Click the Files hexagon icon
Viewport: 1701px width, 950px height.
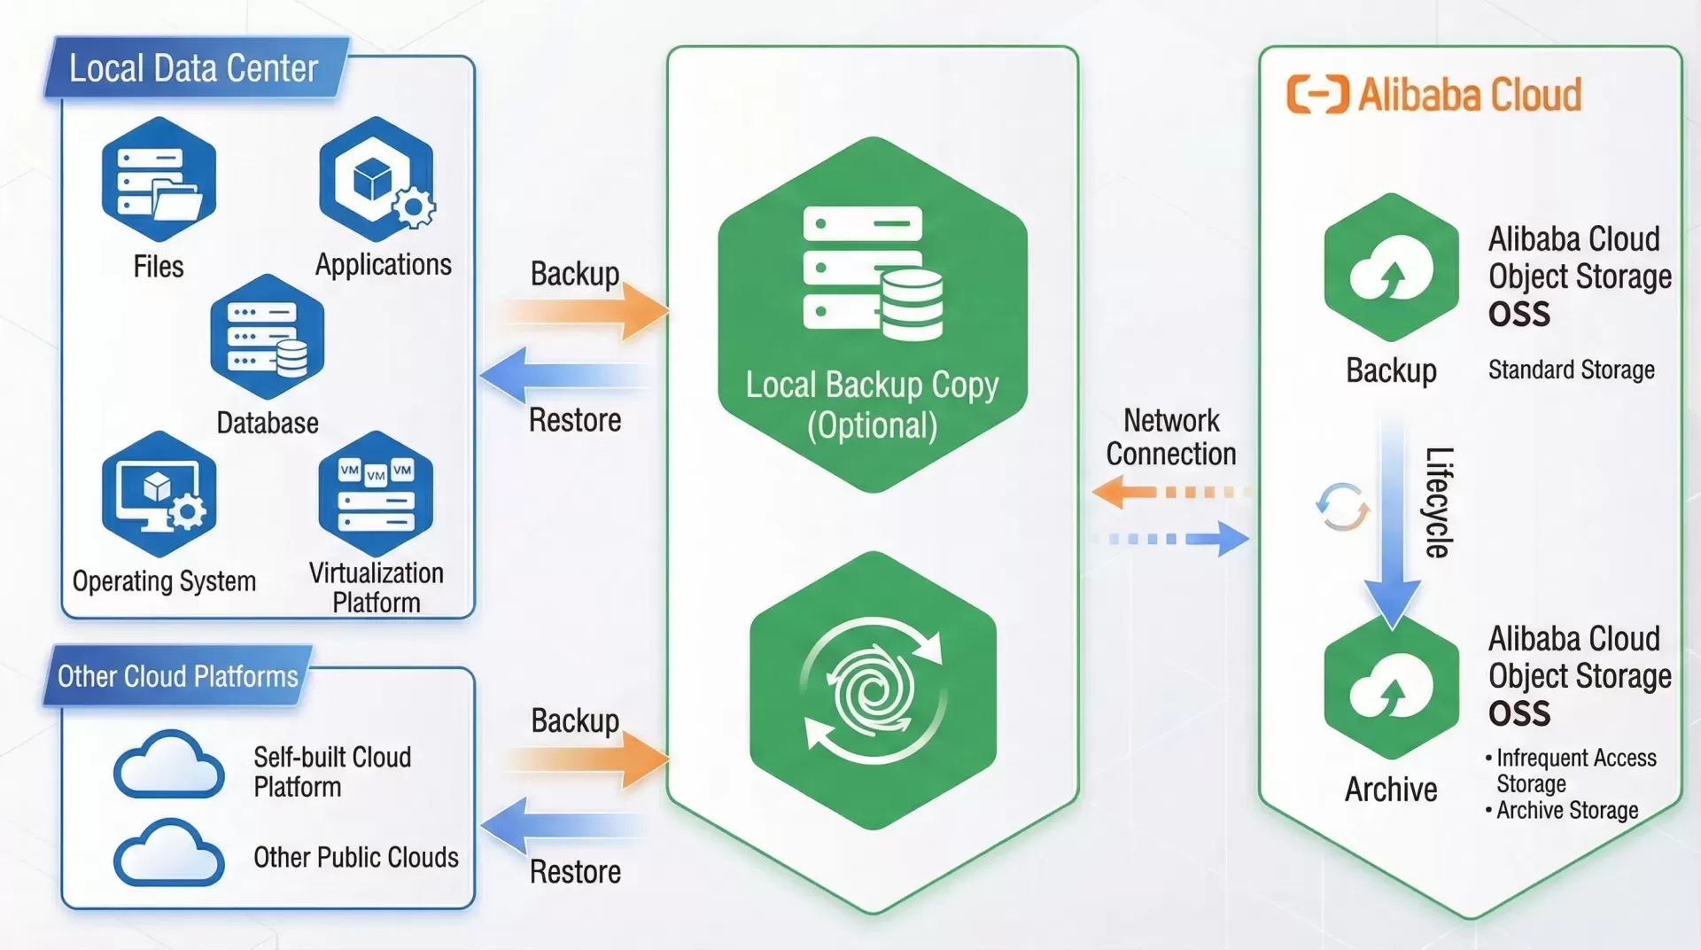click(159, 180)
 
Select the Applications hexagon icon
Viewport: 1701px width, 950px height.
click(377, 179)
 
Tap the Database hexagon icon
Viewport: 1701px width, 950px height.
click(268, 338)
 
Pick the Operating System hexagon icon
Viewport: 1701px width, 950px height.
click(159, 494)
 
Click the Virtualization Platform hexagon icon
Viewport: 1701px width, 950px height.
click(377, 494)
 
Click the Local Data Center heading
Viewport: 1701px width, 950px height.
click(193, 68)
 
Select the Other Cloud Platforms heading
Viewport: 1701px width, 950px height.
click(177, 676)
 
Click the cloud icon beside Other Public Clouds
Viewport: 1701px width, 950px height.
click(168, 853)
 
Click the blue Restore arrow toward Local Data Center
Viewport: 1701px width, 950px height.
click(563, 375)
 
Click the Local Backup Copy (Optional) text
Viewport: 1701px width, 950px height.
click(872, 405)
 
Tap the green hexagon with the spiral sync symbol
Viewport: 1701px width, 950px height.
click(873, 690)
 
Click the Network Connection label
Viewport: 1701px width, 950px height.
click(1170, 437)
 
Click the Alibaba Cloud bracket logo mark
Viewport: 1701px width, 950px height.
click(1317, 95)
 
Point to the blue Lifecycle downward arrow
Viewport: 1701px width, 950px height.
click(1392, 523)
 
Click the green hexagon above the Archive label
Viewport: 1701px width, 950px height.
click(1391, 689)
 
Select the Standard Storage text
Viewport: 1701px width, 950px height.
click(1571, 370)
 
